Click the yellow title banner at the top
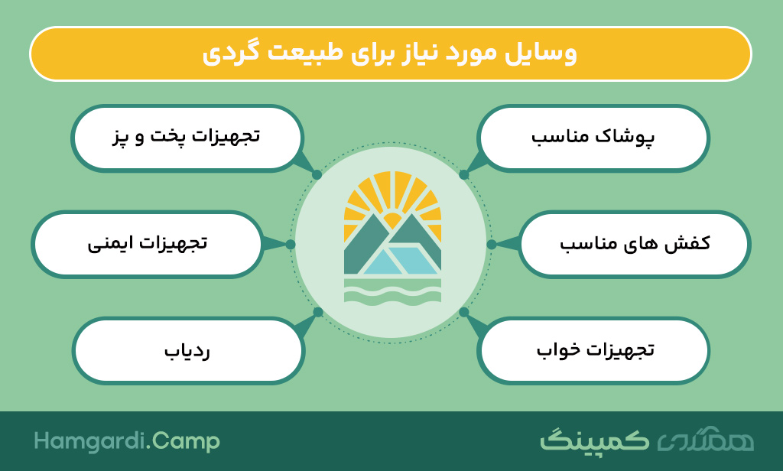(x=391, y=54)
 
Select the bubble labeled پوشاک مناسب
(x=593, y=138)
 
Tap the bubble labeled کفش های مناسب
(x=634, y=244)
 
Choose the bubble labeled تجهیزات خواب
(x=593, y=351)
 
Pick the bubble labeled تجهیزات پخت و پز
(x=187, y=138)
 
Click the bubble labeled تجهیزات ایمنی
(x=148, y=244)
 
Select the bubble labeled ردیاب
(x=188, y=351)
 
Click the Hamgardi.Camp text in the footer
(x=127, y=441)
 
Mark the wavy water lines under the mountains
(x=392, y=291)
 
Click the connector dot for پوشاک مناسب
(x=464, y=174)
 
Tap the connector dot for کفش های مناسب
(x=492, y=244)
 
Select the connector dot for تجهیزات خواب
(x=464, y=312)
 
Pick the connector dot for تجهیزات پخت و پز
(x=317, y=174)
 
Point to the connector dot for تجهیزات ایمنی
(x=291, y=244)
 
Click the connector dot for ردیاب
(x=317, y=312)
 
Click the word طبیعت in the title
(x=305, y=53)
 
